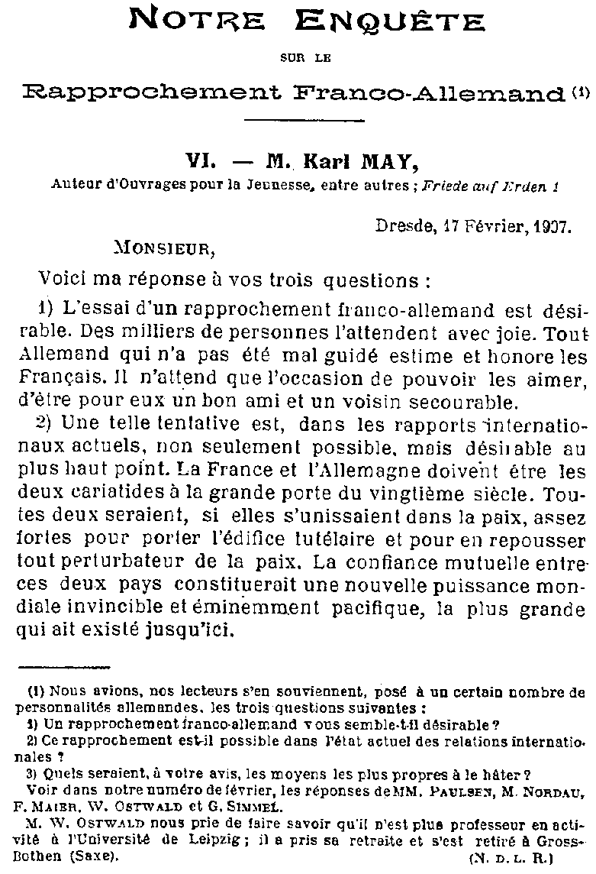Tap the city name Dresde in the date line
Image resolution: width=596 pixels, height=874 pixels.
[x=400, y=226]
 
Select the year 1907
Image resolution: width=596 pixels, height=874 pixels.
[x=548, y=226]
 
